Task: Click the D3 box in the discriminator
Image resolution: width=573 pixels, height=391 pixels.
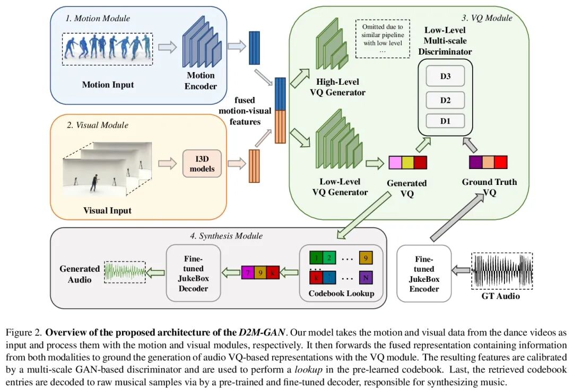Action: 445,76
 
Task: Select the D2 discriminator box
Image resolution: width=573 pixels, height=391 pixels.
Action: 445,100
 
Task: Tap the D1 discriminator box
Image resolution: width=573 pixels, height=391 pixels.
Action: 445,121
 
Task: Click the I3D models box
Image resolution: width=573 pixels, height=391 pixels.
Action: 202,164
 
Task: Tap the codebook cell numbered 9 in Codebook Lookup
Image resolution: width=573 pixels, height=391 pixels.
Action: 365,258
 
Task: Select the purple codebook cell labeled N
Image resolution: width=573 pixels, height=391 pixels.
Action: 365,278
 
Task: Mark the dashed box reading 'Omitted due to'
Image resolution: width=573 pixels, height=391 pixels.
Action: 383,38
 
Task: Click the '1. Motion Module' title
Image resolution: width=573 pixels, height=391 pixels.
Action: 98,19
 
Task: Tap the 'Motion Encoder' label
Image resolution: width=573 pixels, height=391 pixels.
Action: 201,81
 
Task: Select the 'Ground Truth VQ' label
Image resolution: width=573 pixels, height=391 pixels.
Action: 489,187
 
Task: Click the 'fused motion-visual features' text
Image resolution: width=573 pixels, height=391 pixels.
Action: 245,111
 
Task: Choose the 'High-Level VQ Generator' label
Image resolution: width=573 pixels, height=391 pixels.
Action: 341,87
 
